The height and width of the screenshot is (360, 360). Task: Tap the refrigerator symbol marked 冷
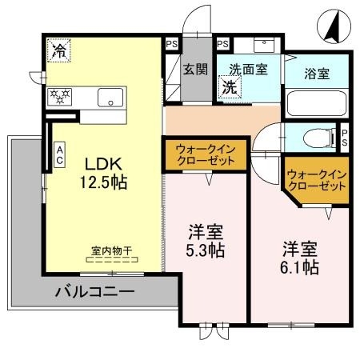pyautogui.click(x=59, y=50)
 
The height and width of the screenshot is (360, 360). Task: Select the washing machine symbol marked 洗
pyautogui.click(x=229, y=85)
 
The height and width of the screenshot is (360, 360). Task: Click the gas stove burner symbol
pyautogui.click(x=61, y=96)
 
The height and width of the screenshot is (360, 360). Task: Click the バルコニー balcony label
pyautogui.click(x=94, y=290)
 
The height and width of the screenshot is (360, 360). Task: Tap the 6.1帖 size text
pyautogui.click(x=299, y=267)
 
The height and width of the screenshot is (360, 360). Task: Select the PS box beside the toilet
pyautogui.click(x=345, y=137)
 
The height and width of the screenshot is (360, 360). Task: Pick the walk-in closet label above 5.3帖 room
pyautogui.click(x=204, y=154)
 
